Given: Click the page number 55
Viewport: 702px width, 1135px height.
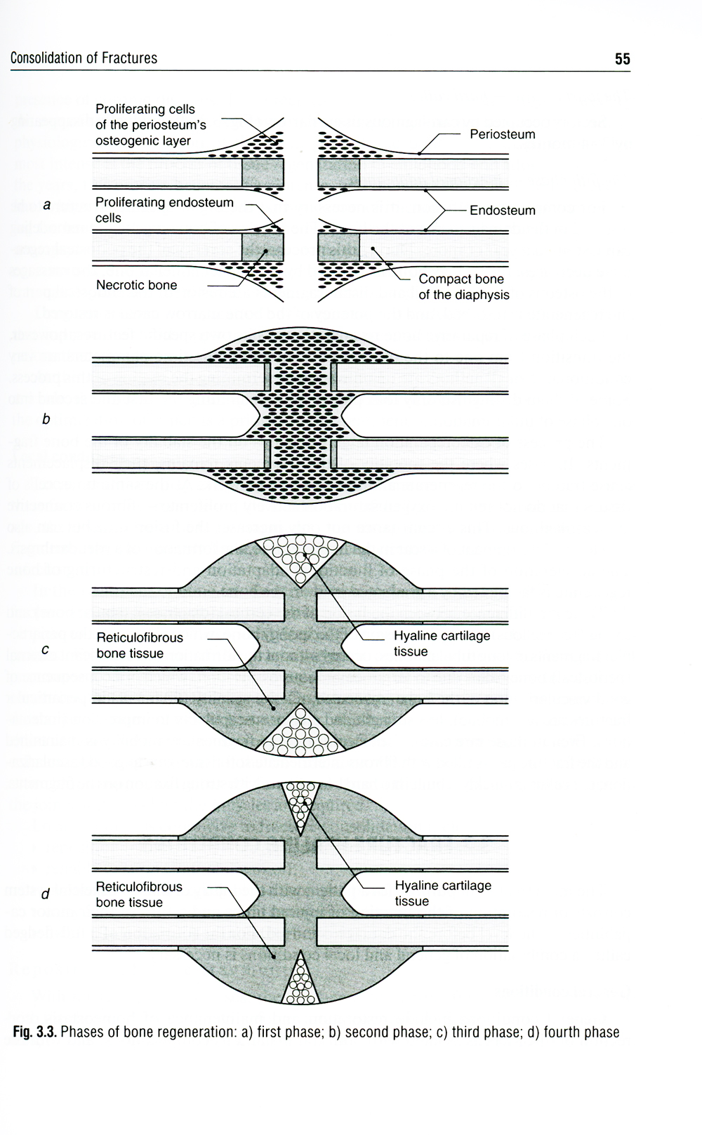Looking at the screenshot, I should coord(622,59).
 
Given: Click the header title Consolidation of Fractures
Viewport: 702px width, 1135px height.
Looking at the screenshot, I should coord(84,58).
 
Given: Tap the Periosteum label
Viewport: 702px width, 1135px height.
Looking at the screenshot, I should coord(502,134).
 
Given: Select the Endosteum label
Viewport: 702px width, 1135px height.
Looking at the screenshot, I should coord(502,210).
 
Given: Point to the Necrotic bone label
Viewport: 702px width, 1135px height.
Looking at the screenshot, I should coord(136,285).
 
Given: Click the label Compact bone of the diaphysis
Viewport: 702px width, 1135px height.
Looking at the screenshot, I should coord(463,287).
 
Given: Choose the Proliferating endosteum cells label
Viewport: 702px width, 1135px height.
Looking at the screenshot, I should coord(164,210).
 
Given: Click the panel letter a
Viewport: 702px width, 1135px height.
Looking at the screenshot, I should coord(47,205).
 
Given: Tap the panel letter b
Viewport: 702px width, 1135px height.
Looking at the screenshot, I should coord(46,419).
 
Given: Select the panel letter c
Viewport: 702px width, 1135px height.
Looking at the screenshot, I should coord(46,649).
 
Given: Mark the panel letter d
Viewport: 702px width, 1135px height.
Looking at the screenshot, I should coord(46,894).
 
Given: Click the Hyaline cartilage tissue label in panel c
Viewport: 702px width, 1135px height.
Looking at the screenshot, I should coord(442,643).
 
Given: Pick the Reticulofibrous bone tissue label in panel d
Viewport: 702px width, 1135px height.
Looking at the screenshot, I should coord(139,894).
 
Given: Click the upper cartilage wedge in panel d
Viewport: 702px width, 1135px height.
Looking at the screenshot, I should coord(300,802).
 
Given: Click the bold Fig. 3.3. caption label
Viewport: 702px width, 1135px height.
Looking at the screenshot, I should coord(34,1032).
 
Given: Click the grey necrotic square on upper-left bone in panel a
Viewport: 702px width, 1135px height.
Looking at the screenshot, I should coord(263,172).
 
